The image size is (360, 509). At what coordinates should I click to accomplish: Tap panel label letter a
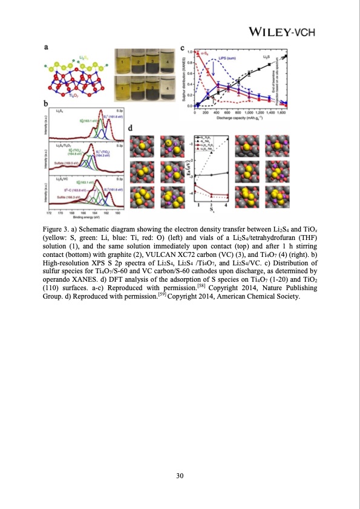click(48, 46)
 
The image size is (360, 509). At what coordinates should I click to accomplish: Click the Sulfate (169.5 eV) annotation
click(62, 163)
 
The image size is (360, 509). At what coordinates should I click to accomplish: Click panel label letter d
click(132, 129)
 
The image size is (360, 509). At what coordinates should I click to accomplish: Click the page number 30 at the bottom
click(180, 476)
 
